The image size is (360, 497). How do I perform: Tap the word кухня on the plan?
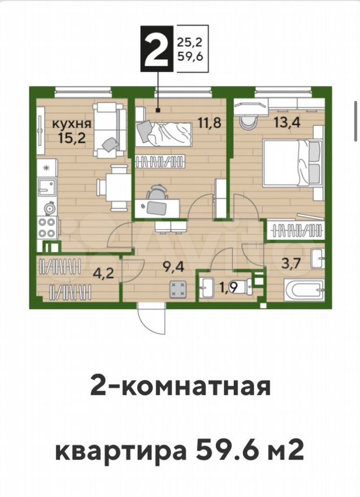click(71, 124)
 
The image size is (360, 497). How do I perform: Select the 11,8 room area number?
click(209, 122)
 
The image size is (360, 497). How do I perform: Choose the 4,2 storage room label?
click(104, 273)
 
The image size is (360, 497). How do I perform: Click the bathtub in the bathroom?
click(304, 289)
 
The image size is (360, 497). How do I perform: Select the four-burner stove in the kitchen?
click(48, 227)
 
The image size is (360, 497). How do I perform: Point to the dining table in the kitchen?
click(113, 188)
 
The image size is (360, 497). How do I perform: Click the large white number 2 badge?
click(157, 49)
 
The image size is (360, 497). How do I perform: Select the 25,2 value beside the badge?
click(190, 41)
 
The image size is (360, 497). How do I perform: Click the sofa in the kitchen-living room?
click(109, 130)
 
